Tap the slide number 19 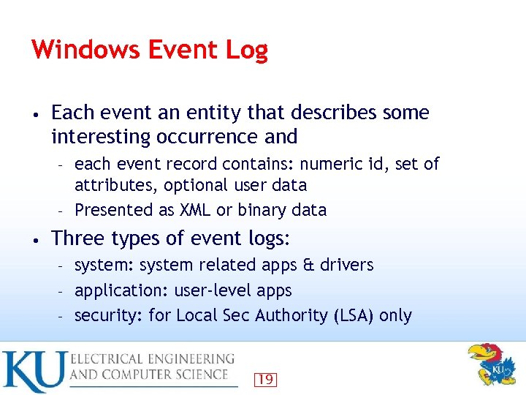(266, 379)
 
